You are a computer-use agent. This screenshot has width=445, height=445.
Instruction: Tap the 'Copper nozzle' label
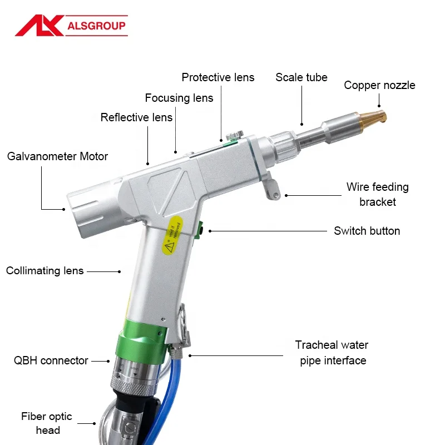coord(379,85)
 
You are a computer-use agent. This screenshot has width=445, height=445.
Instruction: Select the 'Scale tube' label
coord(301,77)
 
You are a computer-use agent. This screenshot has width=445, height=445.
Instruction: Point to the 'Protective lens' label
coord(218,77)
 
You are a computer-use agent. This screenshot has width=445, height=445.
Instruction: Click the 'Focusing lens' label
coord(179,98)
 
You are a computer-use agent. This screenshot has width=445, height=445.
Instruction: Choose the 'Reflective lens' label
coord(136,117)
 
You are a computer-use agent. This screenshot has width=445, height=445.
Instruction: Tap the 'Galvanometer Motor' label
coord(58,156)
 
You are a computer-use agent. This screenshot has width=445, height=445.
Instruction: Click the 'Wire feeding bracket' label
coord(377,194)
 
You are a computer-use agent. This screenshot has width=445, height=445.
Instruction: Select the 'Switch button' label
coord(367,230)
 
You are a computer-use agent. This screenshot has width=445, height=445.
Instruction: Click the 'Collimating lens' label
coord(45,271)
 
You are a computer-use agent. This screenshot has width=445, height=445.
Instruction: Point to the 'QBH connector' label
coord(51,360)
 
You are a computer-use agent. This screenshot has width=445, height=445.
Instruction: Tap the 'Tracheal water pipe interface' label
coord(333,353)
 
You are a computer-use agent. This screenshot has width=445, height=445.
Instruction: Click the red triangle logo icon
coord(38,25)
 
